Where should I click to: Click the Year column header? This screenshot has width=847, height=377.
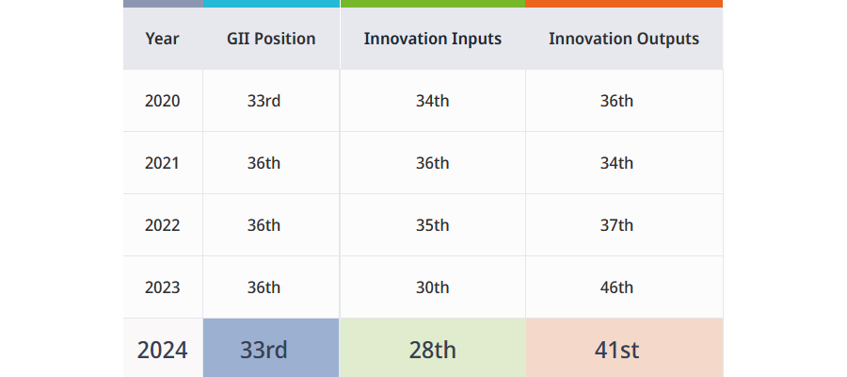[x=162, y=39]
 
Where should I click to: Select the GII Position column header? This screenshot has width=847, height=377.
[x=271, y=39]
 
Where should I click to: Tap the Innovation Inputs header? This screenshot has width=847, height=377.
[x=433, y=39]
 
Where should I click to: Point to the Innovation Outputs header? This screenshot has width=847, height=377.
[x=624, y=39]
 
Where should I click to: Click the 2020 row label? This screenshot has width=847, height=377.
[x=162, y=101]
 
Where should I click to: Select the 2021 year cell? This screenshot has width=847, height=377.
[x=162, y=163]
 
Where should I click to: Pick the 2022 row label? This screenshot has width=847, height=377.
[x=162, y=225]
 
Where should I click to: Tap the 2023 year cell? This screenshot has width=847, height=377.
[x=162, y=287]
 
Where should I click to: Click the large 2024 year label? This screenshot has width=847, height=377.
[x=162, y=350]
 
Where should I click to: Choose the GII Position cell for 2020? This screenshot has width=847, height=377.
[x=264, y=101]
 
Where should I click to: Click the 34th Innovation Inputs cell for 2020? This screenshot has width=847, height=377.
[x=432, y=101]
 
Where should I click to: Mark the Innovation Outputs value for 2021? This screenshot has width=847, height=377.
[x=616, y=163]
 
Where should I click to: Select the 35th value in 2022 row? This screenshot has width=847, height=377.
[x=432, y=225]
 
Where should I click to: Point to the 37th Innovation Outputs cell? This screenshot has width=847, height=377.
[x=616, y=225]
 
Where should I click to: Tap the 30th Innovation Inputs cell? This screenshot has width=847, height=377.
[x=432, y=287]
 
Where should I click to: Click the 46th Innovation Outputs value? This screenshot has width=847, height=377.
[x=616, y=287]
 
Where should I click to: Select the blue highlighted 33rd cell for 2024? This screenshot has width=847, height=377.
[x=271, y=348]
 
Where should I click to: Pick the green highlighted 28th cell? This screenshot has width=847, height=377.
[x=432, y=348]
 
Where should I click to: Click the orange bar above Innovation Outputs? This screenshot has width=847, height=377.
[x=624, y=4]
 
